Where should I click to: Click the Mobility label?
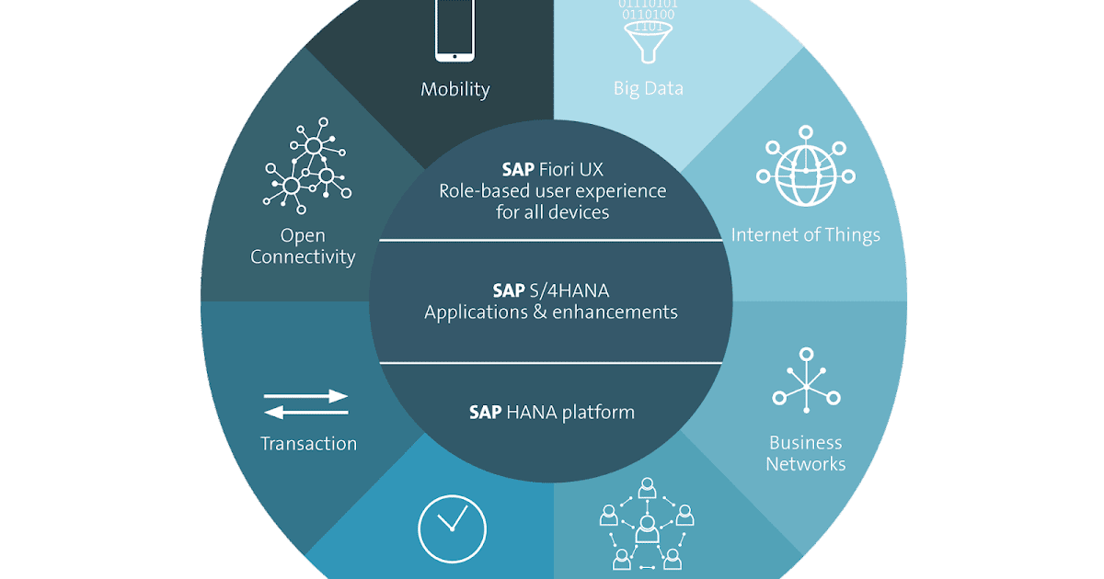(x=454, y=89)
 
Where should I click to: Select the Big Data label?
(x=649, y=89)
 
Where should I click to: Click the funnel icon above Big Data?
(x=650, y=37)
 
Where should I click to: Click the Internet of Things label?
(x=805, y=235)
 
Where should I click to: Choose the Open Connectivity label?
(x=303, y=246)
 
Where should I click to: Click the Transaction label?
(x=308, y=443)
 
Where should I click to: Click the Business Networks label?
(x=806, y=453)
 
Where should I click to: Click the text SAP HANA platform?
(x=551, y=412)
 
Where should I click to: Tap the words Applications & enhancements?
(x=551, y=312)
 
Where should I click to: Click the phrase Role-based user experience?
(x=551, y=191)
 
